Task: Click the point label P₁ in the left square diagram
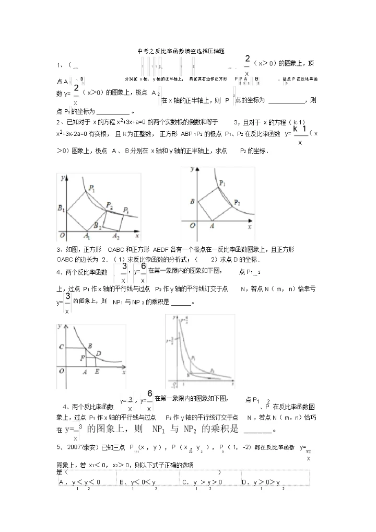[91, 188]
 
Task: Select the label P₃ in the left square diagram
[126, 210]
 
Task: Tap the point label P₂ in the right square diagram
[237, 202]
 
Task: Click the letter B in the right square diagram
[192, 201]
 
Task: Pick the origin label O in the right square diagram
[193, 225]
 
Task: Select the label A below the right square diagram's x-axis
[212, 226]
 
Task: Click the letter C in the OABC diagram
[62, 347]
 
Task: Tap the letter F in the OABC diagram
[82, 357]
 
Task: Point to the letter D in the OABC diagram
[98, 353]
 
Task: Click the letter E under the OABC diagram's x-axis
[97, 372]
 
